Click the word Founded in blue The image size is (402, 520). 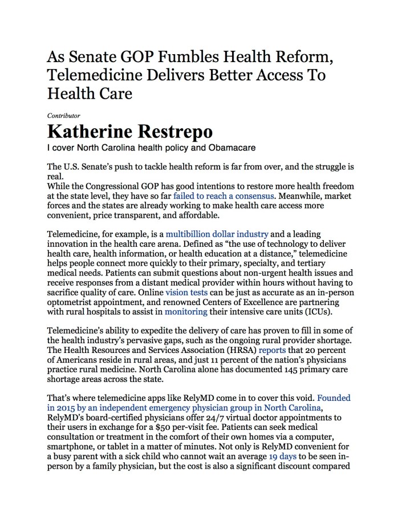[x=334, y=397]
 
